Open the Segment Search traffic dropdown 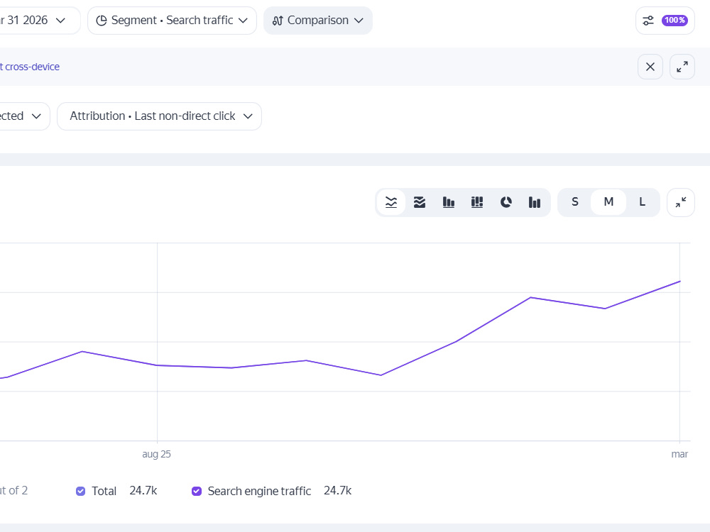coord(172,21)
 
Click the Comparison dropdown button coord(318,21)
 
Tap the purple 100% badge coord(674,21)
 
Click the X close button coord(650,67)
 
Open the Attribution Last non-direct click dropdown coord(159,116)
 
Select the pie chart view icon coord(506,202)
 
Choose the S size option coord(575,202)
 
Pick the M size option coord(608,202)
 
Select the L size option coord(642,202)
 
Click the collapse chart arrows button coord(681,202)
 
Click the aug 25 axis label coord(157,454)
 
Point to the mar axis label coord(679,454)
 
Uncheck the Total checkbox coord(81,492)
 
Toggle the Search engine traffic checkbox coord(197,492)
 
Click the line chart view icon coord(391,202)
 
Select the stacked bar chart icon coord(477,202)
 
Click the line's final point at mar coord(679,282)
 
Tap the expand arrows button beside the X coord(682,67)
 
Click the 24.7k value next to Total coord(143,491)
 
